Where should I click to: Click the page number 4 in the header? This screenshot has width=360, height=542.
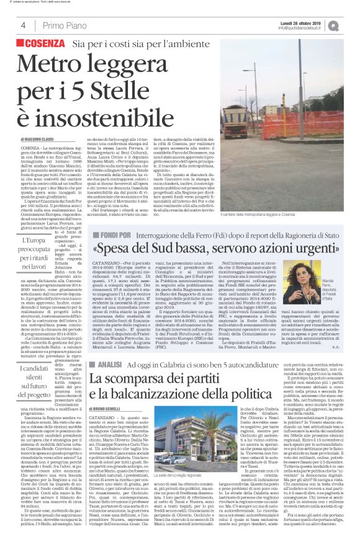(x=22, y=25)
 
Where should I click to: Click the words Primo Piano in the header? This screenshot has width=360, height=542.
(x=62, y=25)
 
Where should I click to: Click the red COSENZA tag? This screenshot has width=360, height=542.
(x=42, y=44)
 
